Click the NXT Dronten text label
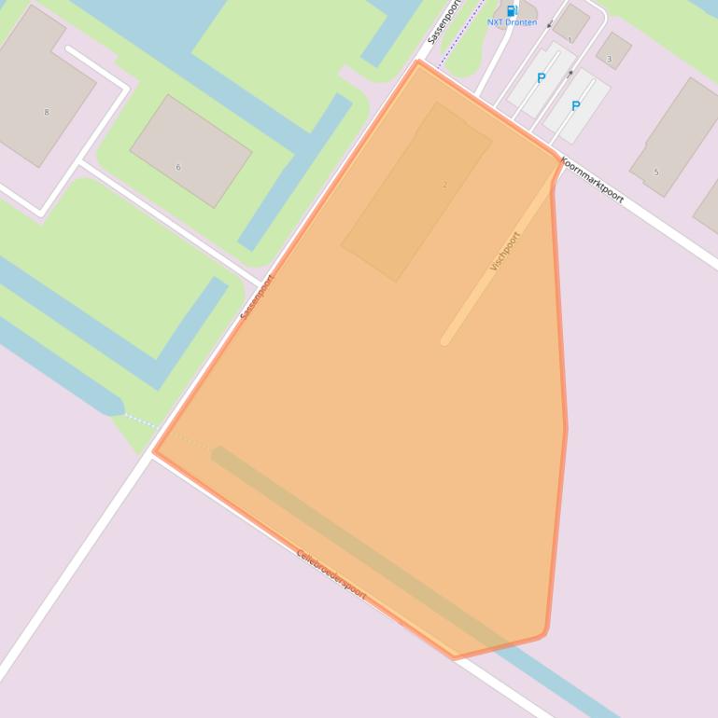pos(512,22)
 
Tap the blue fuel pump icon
pos(512,9)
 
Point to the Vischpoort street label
pos(504,251)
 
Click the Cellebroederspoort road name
pos(331,573)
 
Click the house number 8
pos(47,112)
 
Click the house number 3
pos(610,59)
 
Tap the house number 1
pos(570,40)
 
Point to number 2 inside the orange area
pos(444,185)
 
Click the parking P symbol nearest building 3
pos(575,106)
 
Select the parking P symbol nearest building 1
pos(541,78)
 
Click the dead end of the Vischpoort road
pos(445,340)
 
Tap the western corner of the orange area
pos(155,451)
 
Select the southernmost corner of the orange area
pos(456,656)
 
